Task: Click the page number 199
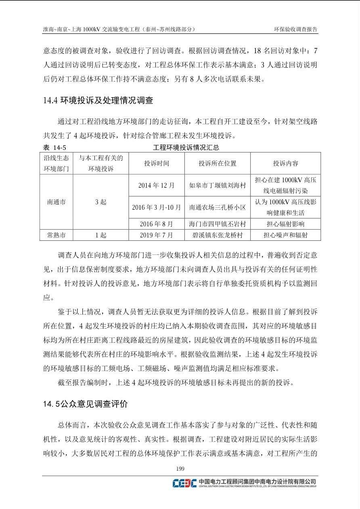(x=180, y=468)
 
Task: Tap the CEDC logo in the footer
(x=184, y=483)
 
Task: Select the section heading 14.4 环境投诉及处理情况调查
(x=98, y=100)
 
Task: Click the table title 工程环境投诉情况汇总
(x=186, y=148)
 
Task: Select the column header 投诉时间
(x=157, y=163)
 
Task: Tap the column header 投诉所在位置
(x=217, y=163)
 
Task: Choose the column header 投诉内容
(x=285, y=163)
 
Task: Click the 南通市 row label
(x=56, y=202)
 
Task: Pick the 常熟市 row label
(x=56, y=235)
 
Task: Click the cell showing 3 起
(x=100, y=202)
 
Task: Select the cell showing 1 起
(x=100, y=235)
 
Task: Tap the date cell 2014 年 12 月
(x=157, y=186)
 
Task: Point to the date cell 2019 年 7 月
(x=157, y=235)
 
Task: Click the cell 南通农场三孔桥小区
(x=217, y=208)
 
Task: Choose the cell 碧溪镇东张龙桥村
(x=217, y=235)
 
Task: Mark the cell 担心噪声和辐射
(x=285, y=235)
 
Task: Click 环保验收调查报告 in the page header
(x=296, y=29)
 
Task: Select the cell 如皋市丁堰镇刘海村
(x=217, y=186)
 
